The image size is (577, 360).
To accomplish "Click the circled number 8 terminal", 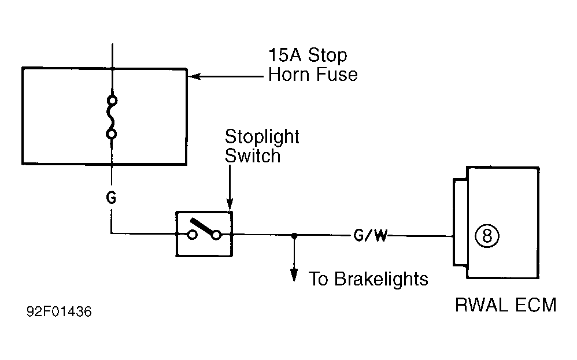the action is (487, 236).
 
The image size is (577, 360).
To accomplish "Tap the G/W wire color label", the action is (370, 235).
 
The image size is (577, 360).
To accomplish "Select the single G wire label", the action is (111, 198).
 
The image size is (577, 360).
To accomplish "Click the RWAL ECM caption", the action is (506, 305).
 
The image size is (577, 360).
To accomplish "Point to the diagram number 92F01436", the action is (59, 311).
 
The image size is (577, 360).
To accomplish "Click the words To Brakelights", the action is (368, 279).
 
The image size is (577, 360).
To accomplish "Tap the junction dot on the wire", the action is (294, 235).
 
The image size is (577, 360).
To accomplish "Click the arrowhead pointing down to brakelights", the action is (294, 275).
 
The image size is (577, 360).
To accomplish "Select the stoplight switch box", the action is (204, 234).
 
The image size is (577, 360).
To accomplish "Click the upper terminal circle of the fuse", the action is (112, 101).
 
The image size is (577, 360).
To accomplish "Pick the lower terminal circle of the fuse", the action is (112, 134).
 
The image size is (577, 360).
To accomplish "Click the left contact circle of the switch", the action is (192, 235).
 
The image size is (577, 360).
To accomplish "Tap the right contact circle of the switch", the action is (217, 235).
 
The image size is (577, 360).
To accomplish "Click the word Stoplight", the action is (262, 137).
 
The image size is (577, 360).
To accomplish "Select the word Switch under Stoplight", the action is (253, 155).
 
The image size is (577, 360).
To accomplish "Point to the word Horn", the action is (288, 75).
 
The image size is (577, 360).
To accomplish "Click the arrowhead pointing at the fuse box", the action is (194, 76).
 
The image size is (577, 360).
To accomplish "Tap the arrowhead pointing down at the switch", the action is (230, 204).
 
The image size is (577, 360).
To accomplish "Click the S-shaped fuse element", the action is (111, 117).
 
